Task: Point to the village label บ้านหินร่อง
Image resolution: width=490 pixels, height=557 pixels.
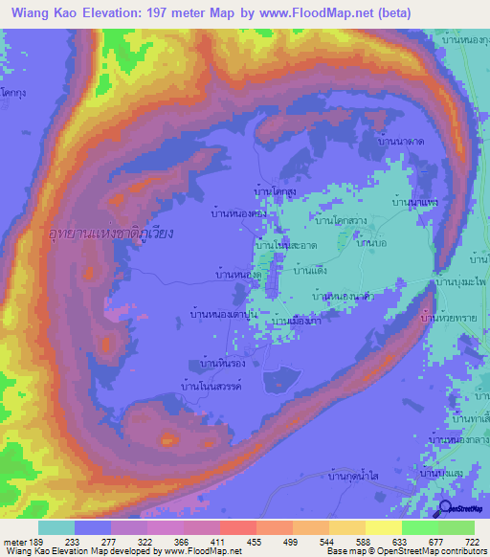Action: point(220,364)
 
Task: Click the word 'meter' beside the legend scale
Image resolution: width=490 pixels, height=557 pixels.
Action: point(15,543)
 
